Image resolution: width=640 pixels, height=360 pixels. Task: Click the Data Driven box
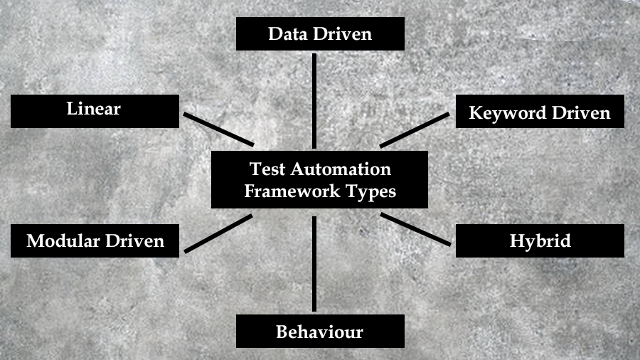pos(320,33)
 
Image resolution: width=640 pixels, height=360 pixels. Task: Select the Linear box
pos(95,111)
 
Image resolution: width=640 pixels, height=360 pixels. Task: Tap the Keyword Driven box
pos(540,112)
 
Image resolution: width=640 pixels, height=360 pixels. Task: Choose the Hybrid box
pos(540,240)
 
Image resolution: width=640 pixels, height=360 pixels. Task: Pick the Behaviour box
pos(320,332)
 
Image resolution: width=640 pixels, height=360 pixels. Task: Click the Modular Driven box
pos(95,240)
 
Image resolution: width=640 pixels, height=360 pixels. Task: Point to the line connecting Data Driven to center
pos(314,100)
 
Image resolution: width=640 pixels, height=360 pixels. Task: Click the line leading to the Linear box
pos(218,129)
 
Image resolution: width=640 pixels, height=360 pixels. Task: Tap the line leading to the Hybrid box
pos(416,229)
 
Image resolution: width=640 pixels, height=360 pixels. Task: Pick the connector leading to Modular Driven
pos(218,233)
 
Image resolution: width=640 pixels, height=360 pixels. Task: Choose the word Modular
pos(63,240)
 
